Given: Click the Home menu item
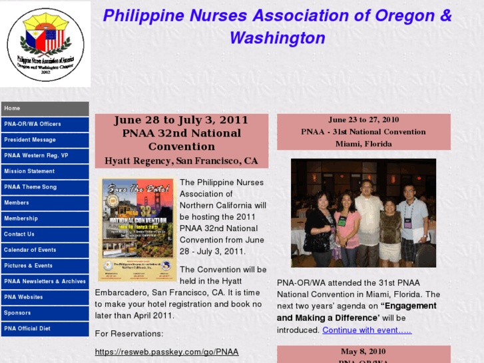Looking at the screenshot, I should pyautogui.click(x=45, y=109).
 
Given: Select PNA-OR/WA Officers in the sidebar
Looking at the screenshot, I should pyautogui.click(x=45, y=124).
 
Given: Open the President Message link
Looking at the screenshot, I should pyautogui.click(x=45, y=140).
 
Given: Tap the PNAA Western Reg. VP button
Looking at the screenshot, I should pyautogui.click(x=45, y=156).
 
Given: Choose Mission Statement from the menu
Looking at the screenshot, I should pyautogui.click(x=45, y=171).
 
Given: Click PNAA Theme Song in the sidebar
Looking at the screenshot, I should pyautogui.click(x=45, y=187).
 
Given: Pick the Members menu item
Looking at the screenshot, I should pyautogui.click(x=45, y=202).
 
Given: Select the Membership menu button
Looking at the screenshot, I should pyautogui.click(x=45, y=218).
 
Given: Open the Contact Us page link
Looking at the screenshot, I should pyautogui.click(x=45, y=234).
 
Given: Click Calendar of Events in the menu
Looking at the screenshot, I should pyautogui.click(x=45, y=250).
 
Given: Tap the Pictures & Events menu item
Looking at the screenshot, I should pyautogui.click(x=45, y=266).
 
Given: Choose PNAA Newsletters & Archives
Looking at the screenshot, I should pyautogui.click(x=45, y=281).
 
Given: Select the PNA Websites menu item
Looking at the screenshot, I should pyautogui.click(x=45, y=297).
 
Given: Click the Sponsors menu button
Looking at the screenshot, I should pyautogui.click(x=45, y=312).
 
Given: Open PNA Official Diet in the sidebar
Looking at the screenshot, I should pyautogui.click(x=45, y=328).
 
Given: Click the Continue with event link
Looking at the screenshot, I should pyautogui.click(x=367, y=330).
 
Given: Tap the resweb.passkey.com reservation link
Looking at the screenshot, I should pyautogui.click(x=166, y=352).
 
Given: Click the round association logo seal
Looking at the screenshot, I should pyautogui.click(x=45, y=45).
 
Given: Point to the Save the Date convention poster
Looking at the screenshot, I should pyautogui.click(x=138, y=229).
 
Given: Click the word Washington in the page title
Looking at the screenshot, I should pyautogui.click(x=277, y=38).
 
